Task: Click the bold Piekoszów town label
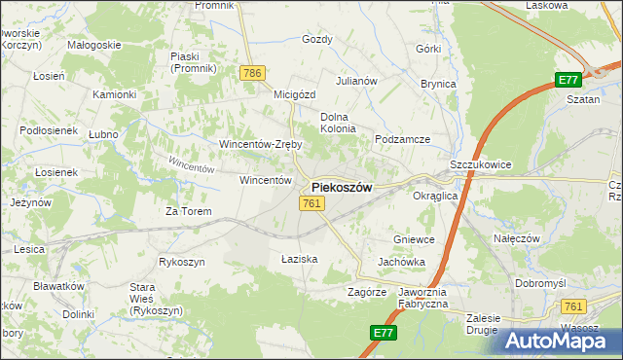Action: point(341,188)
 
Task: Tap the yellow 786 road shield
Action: point(253,73)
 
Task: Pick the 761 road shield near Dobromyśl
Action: point(573,306)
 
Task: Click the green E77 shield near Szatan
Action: point(568,80)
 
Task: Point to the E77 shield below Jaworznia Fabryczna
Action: point(384,333)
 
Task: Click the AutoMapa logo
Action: point(561,340)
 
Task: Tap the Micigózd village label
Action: point(296,94)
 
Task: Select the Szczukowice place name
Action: point(481,166)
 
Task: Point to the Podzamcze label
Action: point(403,139)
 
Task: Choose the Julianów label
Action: point(356,81)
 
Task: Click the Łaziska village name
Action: point(300,259)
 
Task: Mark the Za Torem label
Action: point(188,210)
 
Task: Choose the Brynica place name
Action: point(438,85)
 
